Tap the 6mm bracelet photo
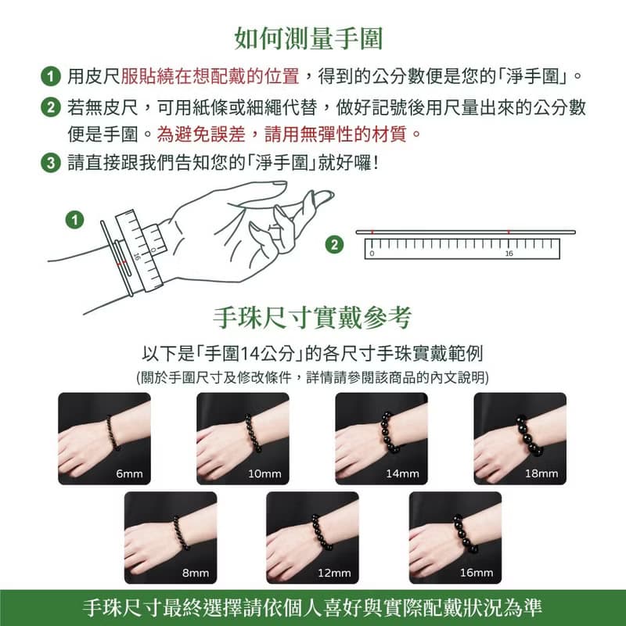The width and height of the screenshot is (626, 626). pos(104,439)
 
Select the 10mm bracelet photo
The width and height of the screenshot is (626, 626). pos(243,439)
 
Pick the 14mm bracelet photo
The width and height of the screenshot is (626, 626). pos(381,439)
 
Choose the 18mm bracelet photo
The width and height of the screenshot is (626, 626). pos(520,439)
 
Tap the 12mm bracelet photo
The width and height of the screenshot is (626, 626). pos(312,538)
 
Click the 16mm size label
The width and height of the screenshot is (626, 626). pos(477,573)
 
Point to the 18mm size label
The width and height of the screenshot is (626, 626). pos(541,474)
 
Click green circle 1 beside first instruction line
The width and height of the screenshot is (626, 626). pos(50,77)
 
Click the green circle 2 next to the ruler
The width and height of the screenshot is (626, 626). pos(336,245)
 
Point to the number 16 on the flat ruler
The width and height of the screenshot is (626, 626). pos(509,254)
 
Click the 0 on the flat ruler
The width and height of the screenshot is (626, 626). pos(372,254)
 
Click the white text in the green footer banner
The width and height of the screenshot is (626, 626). pos(313,608)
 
